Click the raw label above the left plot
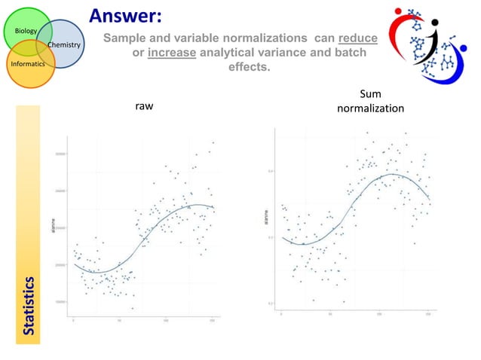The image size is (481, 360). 144,107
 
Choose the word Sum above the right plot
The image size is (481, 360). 370,94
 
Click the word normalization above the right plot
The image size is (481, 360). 370,108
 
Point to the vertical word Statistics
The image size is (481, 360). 29,305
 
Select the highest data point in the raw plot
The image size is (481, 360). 213,142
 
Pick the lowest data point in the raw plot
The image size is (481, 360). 133,308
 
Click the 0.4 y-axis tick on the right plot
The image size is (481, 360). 271,171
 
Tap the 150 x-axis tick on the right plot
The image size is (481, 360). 427,314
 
